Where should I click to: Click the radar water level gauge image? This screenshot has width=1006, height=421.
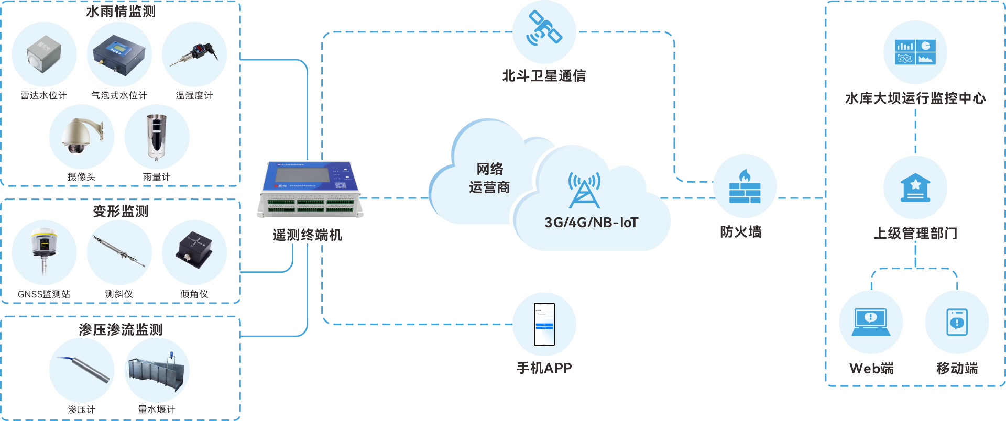point(44,54)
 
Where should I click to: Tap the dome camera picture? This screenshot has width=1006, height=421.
point(81,136)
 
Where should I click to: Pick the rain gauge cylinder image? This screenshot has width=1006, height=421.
point(156,137)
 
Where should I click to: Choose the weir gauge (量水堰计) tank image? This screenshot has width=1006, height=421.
point(157,372)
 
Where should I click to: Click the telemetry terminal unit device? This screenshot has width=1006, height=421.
point(310,190)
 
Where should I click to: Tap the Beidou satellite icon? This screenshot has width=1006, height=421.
point(544,29)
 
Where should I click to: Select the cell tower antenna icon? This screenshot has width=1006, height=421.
point(584,190)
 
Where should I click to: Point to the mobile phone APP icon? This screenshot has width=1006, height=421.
point(544,324)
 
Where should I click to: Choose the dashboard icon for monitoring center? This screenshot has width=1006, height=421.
point(915,52)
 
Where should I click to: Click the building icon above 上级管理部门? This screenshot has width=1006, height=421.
point(915,187)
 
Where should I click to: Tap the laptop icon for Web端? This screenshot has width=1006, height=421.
point(871,322)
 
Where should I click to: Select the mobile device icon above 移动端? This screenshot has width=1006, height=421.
point(957,322)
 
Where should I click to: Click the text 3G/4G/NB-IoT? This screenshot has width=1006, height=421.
point(591,223)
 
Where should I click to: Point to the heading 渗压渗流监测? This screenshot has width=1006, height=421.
point(121,329)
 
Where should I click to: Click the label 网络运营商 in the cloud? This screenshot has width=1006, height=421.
point(489,178)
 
